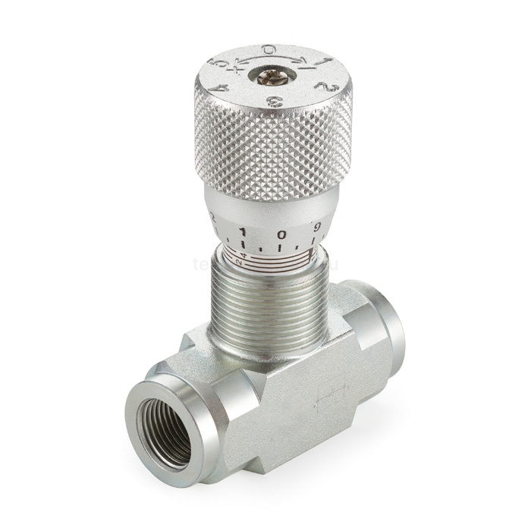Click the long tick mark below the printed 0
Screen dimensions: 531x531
tap(281, 248)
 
